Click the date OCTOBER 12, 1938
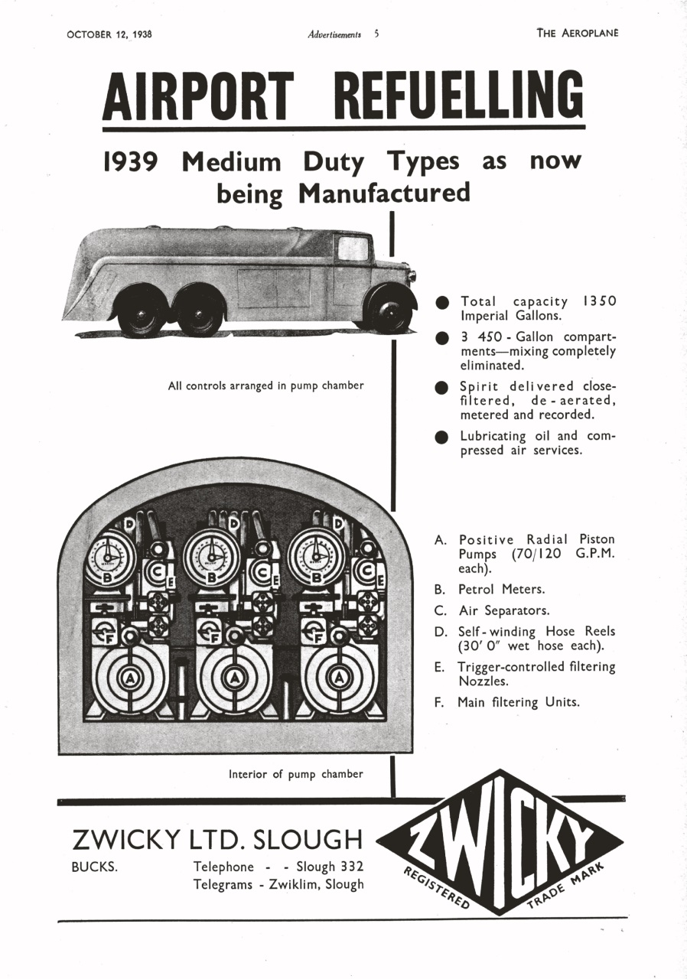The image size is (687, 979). [x=109, y=34]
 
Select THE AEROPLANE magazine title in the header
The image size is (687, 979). [x=577, y=33]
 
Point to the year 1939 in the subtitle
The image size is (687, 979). [x=130, y=162]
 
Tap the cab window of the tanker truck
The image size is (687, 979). [x=353, y=249]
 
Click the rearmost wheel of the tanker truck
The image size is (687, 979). [x=140, y=310]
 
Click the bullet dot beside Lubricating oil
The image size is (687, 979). [x=441, y=437]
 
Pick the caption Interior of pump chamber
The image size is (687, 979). [x=296, y=774]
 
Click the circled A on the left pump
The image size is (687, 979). [x=128, y=678]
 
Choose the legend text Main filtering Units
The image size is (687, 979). [x=519, y=701]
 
